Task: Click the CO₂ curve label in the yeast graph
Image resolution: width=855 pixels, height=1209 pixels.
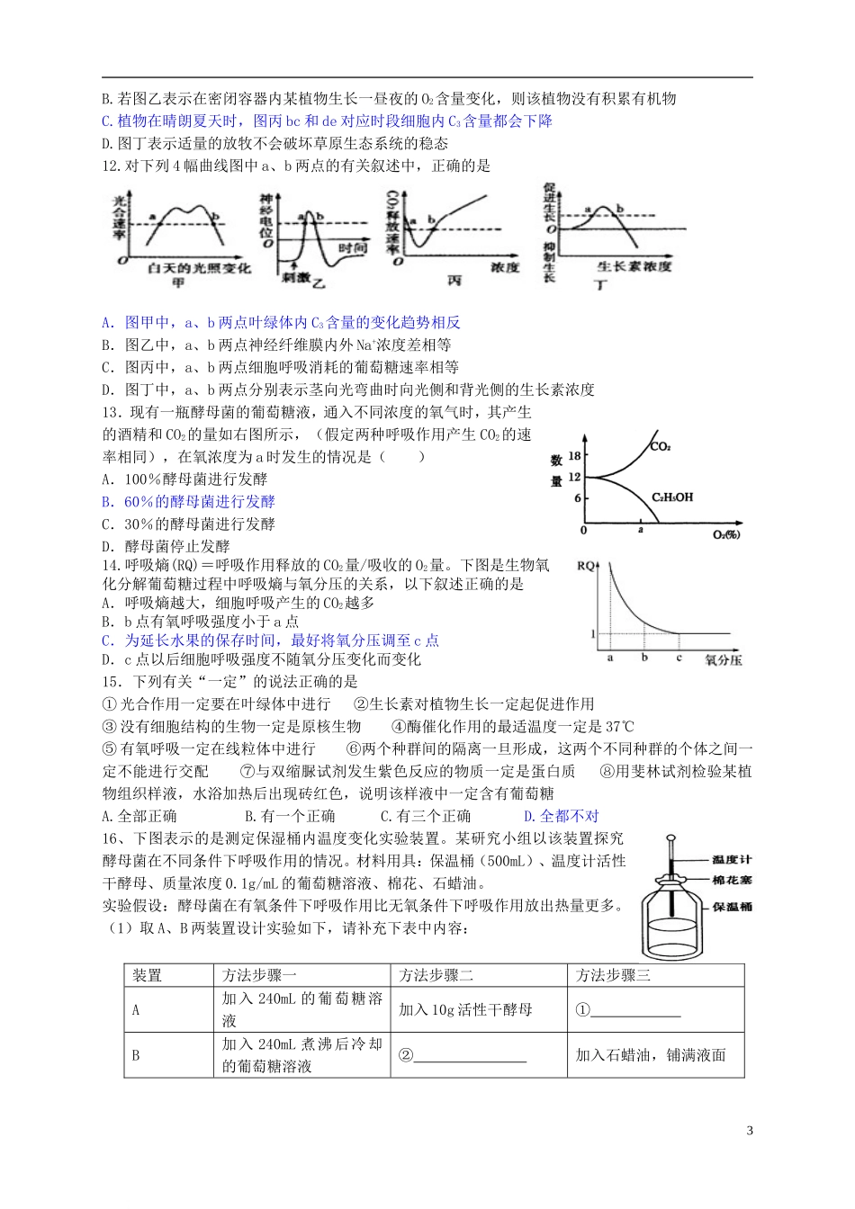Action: (661, 447)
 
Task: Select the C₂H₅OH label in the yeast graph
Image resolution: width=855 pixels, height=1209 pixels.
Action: (672, 497)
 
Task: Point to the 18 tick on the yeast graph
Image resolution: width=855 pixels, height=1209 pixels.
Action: (574, 457)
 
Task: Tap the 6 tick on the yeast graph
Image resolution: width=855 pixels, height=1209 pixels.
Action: (577, 497)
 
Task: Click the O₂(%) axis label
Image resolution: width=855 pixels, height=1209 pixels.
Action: (725, 535)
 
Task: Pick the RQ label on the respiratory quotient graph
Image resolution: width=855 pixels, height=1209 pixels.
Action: (586, 565)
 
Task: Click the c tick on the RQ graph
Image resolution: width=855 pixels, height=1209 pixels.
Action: (679, 658)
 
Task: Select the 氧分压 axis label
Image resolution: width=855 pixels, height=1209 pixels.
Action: (724, 659)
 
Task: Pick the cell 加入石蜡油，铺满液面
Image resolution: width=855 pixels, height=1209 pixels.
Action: (650, 1055)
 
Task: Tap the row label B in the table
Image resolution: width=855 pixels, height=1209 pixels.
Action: (136, 1055)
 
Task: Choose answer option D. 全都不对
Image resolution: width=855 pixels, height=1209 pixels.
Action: (561, 816)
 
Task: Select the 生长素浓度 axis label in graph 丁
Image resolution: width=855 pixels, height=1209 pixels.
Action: (634, 267)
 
